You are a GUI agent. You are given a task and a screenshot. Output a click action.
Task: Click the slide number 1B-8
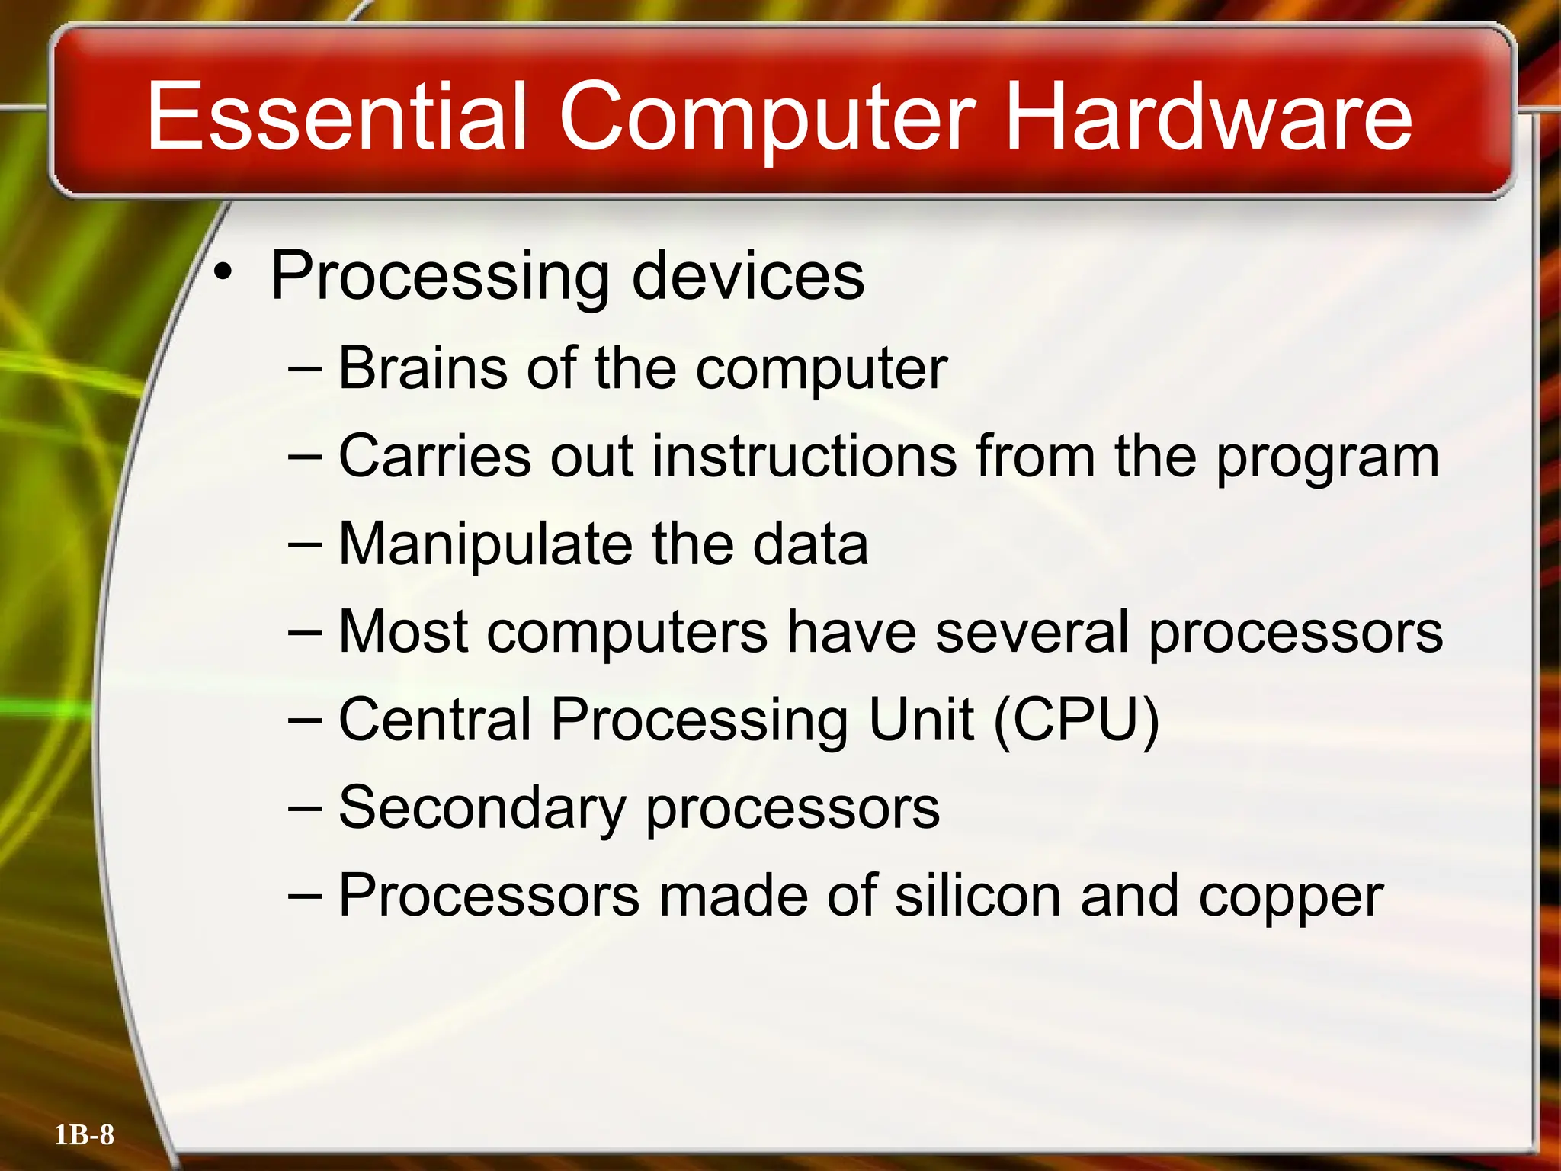pyautogui.click(x=85, y=1135)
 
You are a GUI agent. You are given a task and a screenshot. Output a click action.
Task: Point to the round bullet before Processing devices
pyautogui.click(x=222, y=271)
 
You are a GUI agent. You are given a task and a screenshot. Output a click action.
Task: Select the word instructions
pyautogui.click(x=804, y=456)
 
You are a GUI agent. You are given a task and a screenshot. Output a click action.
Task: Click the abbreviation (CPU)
pyautogui.click(x=1076, y=720)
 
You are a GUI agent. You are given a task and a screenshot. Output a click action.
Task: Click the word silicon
pyautogui.click(x=978, y=896)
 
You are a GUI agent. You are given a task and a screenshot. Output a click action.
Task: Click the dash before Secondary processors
pyautogui.click(x=306, y=808)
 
